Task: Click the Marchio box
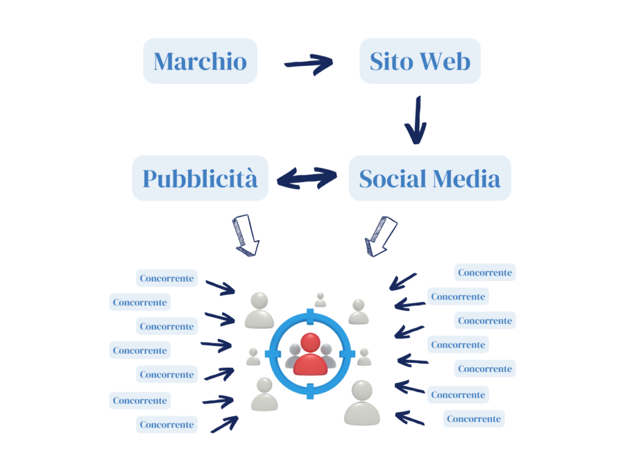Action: (x=200, y=61)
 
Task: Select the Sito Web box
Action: (x=420, y=61)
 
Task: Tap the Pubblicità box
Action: (x=200, y=178)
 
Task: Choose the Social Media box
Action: (x=430, y=178)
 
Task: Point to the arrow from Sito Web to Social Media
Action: (x=416, y=120)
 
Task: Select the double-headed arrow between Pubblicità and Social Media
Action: (x=307, y=178)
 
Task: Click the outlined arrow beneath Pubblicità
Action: (x=246, y=235)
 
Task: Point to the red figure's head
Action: (x=310, y=343)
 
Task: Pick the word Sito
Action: (x=391, y=62)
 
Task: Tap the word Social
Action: (x=392, y=179)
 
